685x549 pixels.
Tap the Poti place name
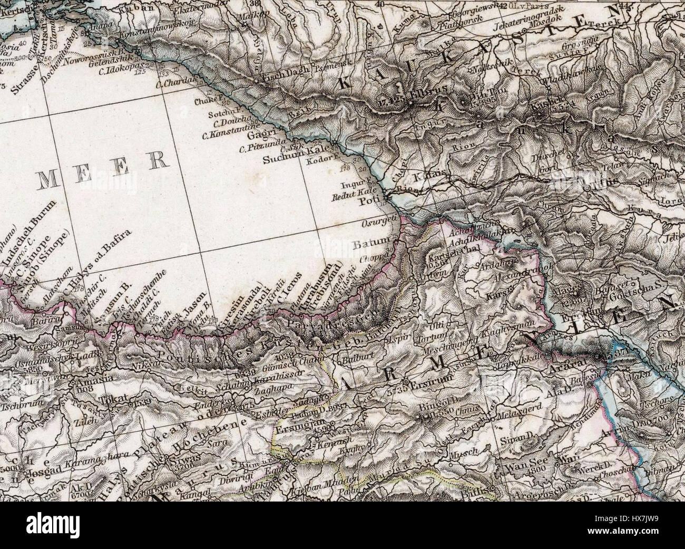(367, 202)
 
